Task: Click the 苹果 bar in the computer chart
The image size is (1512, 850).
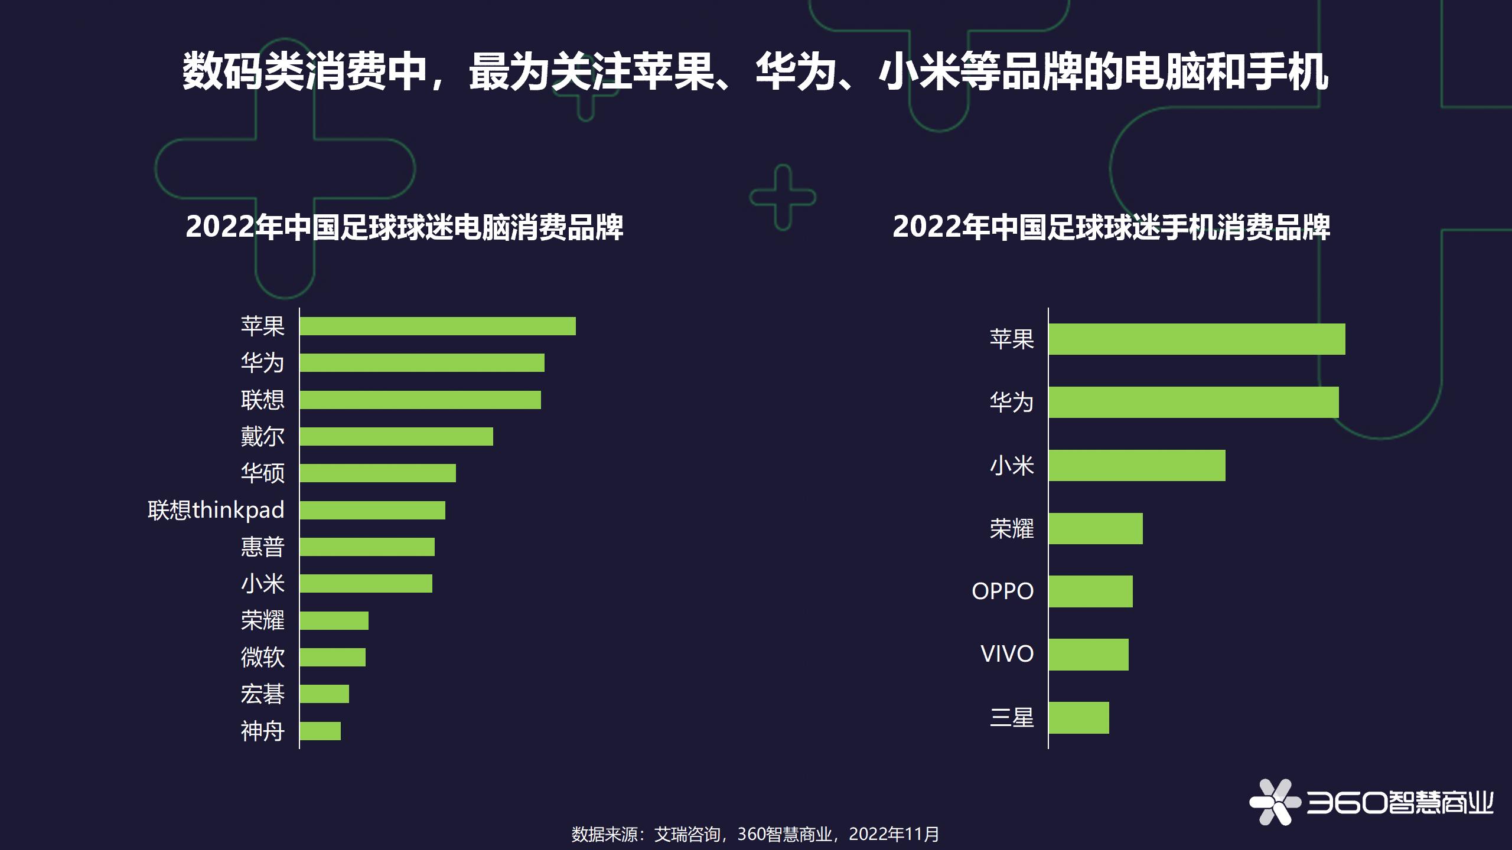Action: [x=437, y=326]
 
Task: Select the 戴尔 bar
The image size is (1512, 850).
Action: [x=396, y=436]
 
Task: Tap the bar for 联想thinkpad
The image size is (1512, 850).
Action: [x=372, y=510]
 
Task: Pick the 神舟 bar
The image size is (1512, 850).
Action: [x=320, y=731]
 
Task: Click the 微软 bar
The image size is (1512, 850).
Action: [x=333, y=657]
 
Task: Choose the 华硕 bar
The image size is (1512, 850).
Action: [x=377, y=473]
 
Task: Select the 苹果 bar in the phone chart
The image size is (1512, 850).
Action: [x=1197, y=339]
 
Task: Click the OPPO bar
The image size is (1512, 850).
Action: [x=1090, y=591]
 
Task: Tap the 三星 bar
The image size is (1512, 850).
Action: [x=1078, y=717]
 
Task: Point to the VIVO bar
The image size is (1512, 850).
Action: [x=1089, y=654]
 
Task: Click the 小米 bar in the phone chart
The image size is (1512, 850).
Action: [x=1137, y=465]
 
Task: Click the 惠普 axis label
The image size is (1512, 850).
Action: [x=263, y=547]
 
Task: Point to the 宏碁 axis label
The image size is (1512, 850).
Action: [x=263, y=694]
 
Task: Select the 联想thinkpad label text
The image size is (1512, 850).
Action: [x=216, y=510]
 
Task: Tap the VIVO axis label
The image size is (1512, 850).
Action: [x=1007, y=654]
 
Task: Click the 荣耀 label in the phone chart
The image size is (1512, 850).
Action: [x=1012, y=528]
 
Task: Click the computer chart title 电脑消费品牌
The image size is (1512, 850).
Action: [x=405, y=227]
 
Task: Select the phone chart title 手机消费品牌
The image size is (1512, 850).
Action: [x=1111, y=227]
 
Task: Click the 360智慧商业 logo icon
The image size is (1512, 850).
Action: [x=1275, y=802]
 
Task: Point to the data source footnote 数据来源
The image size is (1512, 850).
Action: [x=755, y=834]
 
